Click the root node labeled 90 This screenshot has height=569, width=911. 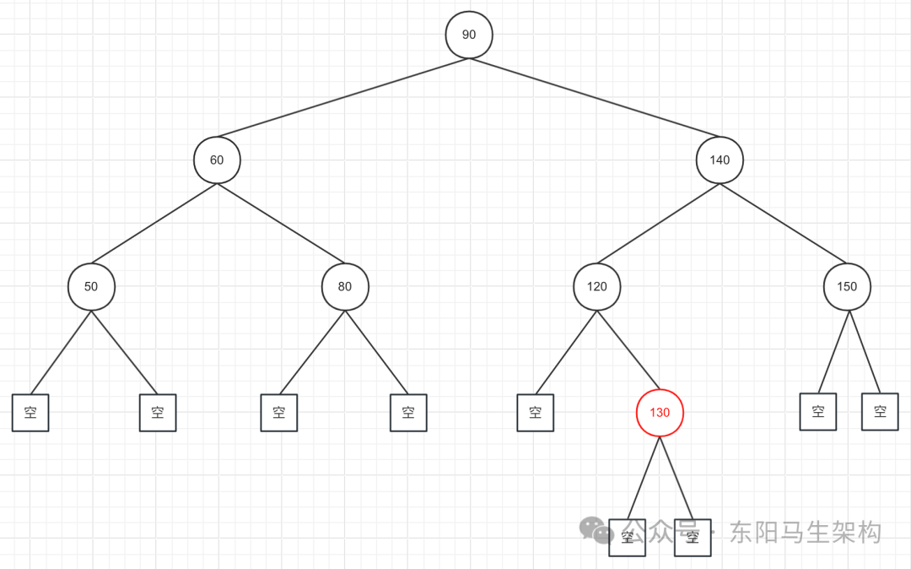pyautogui.click(x=469, y=35)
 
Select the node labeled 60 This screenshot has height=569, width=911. pyautogui.click(x=217, y=160)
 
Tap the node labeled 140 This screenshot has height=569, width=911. pyautogui.click(x=720, y=160)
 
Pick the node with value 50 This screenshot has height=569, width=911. pyautogui.click(x=91, y=286)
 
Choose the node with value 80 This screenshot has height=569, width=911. pyautogui.click(x=345, y=286)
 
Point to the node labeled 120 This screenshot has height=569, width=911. pyautogui.click(x=596, y=286)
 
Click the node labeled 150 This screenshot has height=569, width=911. pyautogui.click(x=847, y=286)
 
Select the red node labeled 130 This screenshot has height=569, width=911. pyautogui.click(x=660, y=413)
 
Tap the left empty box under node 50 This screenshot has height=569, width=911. pyautogui.click(x=30, y=413)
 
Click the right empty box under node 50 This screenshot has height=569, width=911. pyautogui.click(x=158, y=413)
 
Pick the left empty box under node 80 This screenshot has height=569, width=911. pyautogui.click(x=279, y=413)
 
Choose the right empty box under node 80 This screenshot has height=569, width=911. pyautogui.click(x=408, y=413)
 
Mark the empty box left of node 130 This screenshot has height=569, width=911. pyautogui.click(x=536, y=413)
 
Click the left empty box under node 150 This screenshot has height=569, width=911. pyautogui.click(x=818, y=412)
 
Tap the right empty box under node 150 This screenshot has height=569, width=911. pyautogui.click(x=880, y=412)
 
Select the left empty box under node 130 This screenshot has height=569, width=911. pyautogui.click(x=628, y=538)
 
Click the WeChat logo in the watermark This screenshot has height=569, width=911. pyautogui.click(x=597, y=530)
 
